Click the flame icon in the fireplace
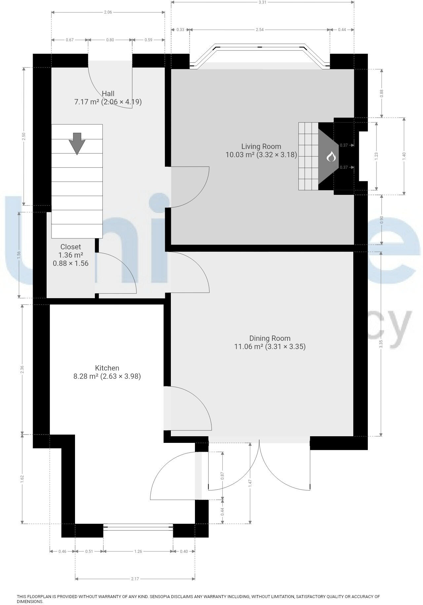tap(331, 157)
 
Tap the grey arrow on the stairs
tap(77, 143)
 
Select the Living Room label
tap(261, 146)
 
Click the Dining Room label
tap(270, 338)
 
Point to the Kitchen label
tap(107, 368)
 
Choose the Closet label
tap(71, 247)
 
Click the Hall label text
tap(108, 93)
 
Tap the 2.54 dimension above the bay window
tap(260, 30)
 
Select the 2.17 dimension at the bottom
tap(135, 579)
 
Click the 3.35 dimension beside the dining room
tap(381, 344)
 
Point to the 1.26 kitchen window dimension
tap(138, 551)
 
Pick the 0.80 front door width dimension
tap(110, 40)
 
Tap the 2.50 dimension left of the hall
tap(23, 136)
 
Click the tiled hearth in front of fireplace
tap(308, 156)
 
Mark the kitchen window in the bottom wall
tap(138, 527)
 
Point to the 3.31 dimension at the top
tap(262, 2)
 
